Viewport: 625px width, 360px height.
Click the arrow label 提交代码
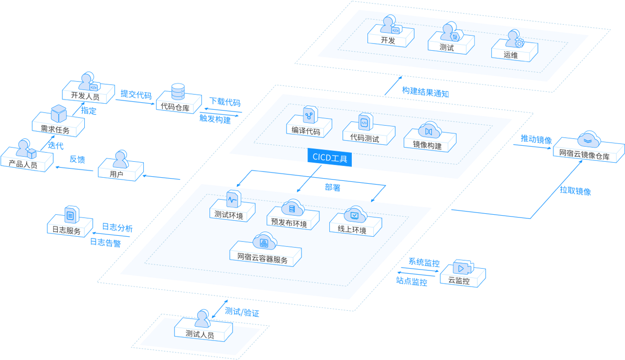click(136, 94)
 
